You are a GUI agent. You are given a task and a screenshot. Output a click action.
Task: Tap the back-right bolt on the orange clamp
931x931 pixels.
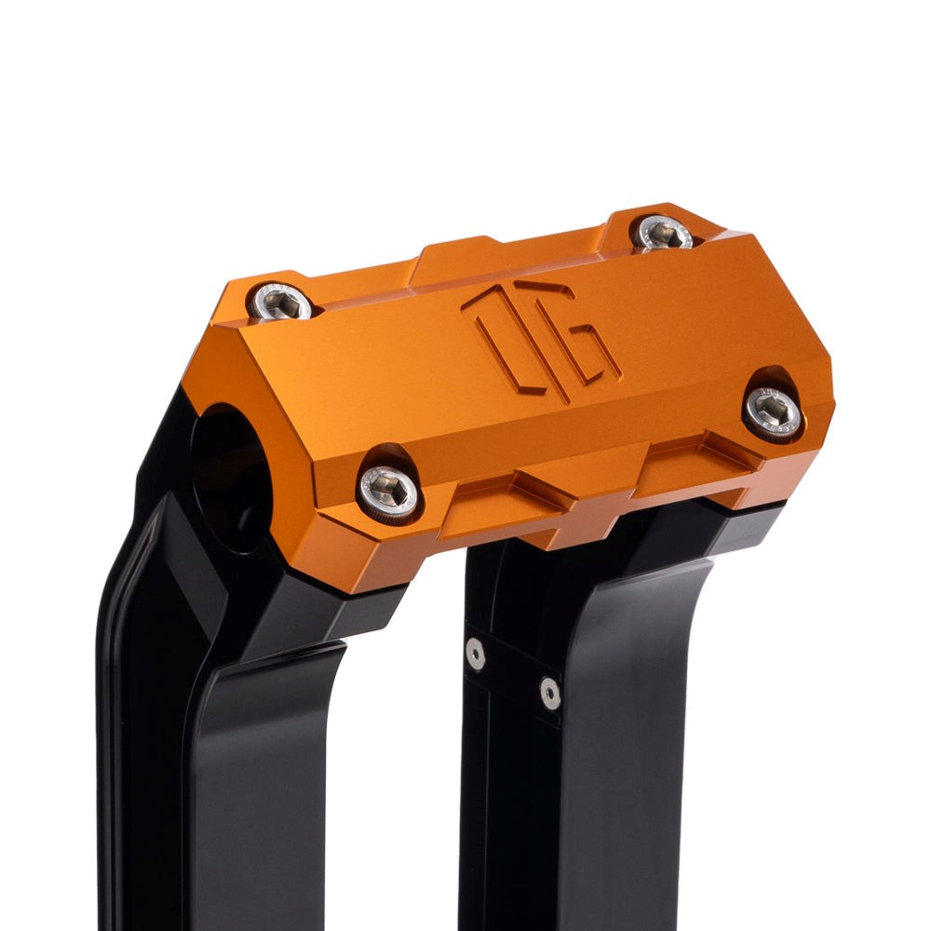pyautogui.click(x=662, y=231)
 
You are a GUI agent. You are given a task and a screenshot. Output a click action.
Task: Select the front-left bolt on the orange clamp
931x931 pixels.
pyautogui.click(x=388, y=491)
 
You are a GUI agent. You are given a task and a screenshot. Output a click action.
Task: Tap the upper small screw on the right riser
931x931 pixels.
pyautogui.click(x=476, y=654)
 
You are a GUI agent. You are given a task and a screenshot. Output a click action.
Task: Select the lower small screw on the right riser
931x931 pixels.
pyautogui.click(x=550, y=692)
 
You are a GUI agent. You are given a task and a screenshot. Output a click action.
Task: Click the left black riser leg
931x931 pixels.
pyautogui.click(x=233, y=745)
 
